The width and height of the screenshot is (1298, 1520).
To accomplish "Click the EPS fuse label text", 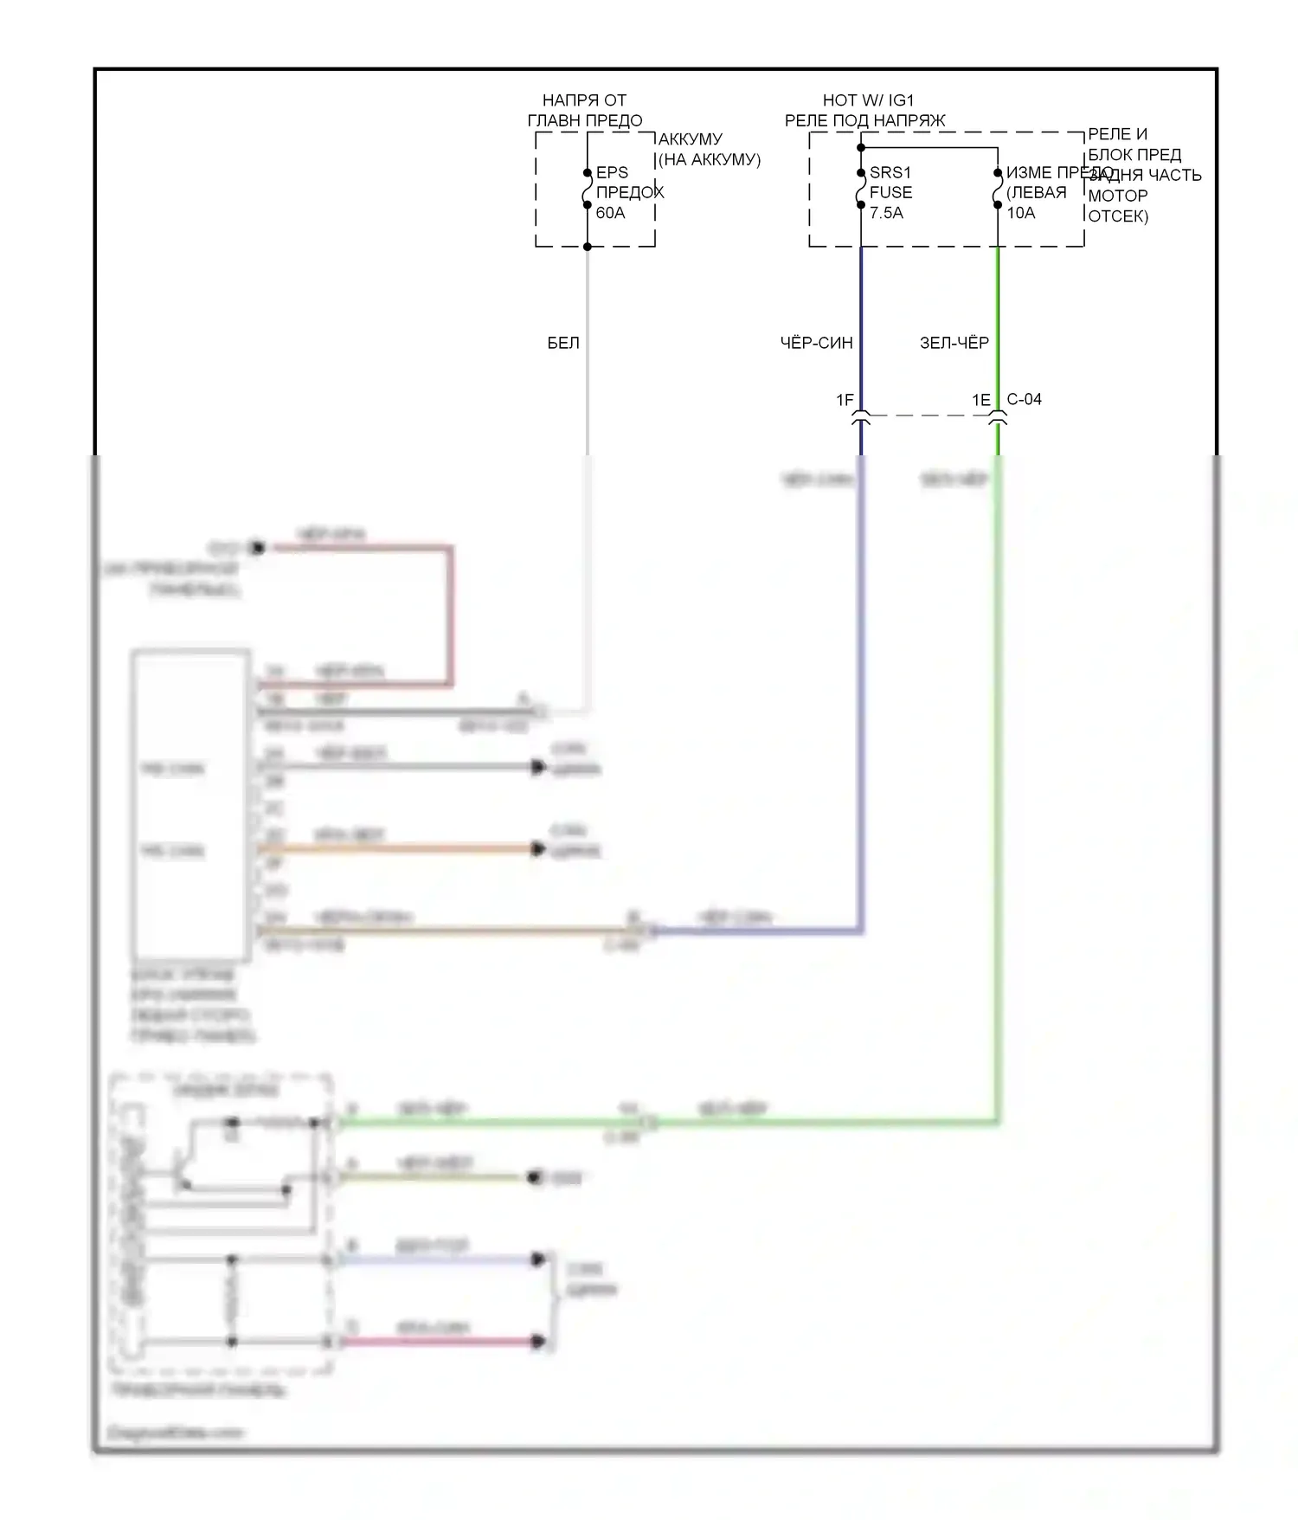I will point(612,172).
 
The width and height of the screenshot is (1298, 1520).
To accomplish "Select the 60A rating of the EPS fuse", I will point(610,212).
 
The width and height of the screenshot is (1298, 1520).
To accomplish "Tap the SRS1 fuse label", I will point(890,172).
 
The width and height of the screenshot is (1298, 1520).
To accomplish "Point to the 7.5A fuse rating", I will point(886,212).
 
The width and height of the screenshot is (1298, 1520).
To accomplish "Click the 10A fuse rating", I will point(1020,212).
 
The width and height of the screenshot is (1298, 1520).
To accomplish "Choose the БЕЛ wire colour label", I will point(563,343).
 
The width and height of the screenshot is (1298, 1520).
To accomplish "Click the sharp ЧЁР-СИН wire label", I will point(816,343).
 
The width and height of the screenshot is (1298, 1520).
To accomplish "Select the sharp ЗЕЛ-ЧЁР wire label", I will point(954,343).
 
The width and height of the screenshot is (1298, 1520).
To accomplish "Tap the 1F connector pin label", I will point(845,399).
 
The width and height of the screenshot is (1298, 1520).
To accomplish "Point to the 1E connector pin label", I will point(980,399).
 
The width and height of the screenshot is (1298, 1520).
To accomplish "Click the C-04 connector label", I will point(1025,399).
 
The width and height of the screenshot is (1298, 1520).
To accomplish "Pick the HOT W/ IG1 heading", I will point(868,100).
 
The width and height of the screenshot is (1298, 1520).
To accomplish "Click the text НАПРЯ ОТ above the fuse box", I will point(584,100).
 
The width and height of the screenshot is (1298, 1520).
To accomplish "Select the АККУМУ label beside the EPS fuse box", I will point(690,138).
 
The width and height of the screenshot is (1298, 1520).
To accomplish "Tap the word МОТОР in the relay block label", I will point(1117,196).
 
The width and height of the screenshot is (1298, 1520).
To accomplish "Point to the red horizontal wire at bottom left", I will point(441,1342).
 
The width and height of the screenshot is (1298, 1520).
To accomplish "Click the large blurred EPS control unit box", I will point(190,805).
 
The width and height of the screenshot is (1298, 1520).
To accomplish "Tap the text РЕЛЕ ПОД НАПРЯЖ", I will point(864,120).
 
